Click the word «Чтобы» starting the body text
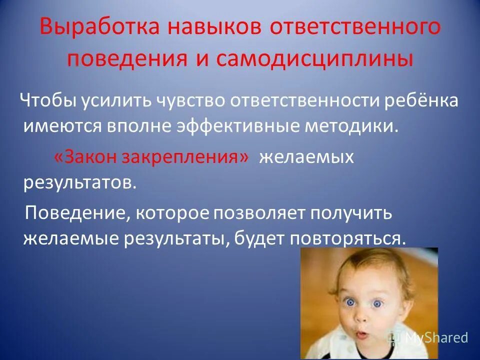click(x=47, y=100)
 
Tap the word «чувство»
click(x=185, y=100)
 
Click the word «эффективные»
click(x=239, y=125)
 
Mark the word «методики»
click(x=349, y=125)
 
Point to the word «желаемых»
click(x=306, y=157)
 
